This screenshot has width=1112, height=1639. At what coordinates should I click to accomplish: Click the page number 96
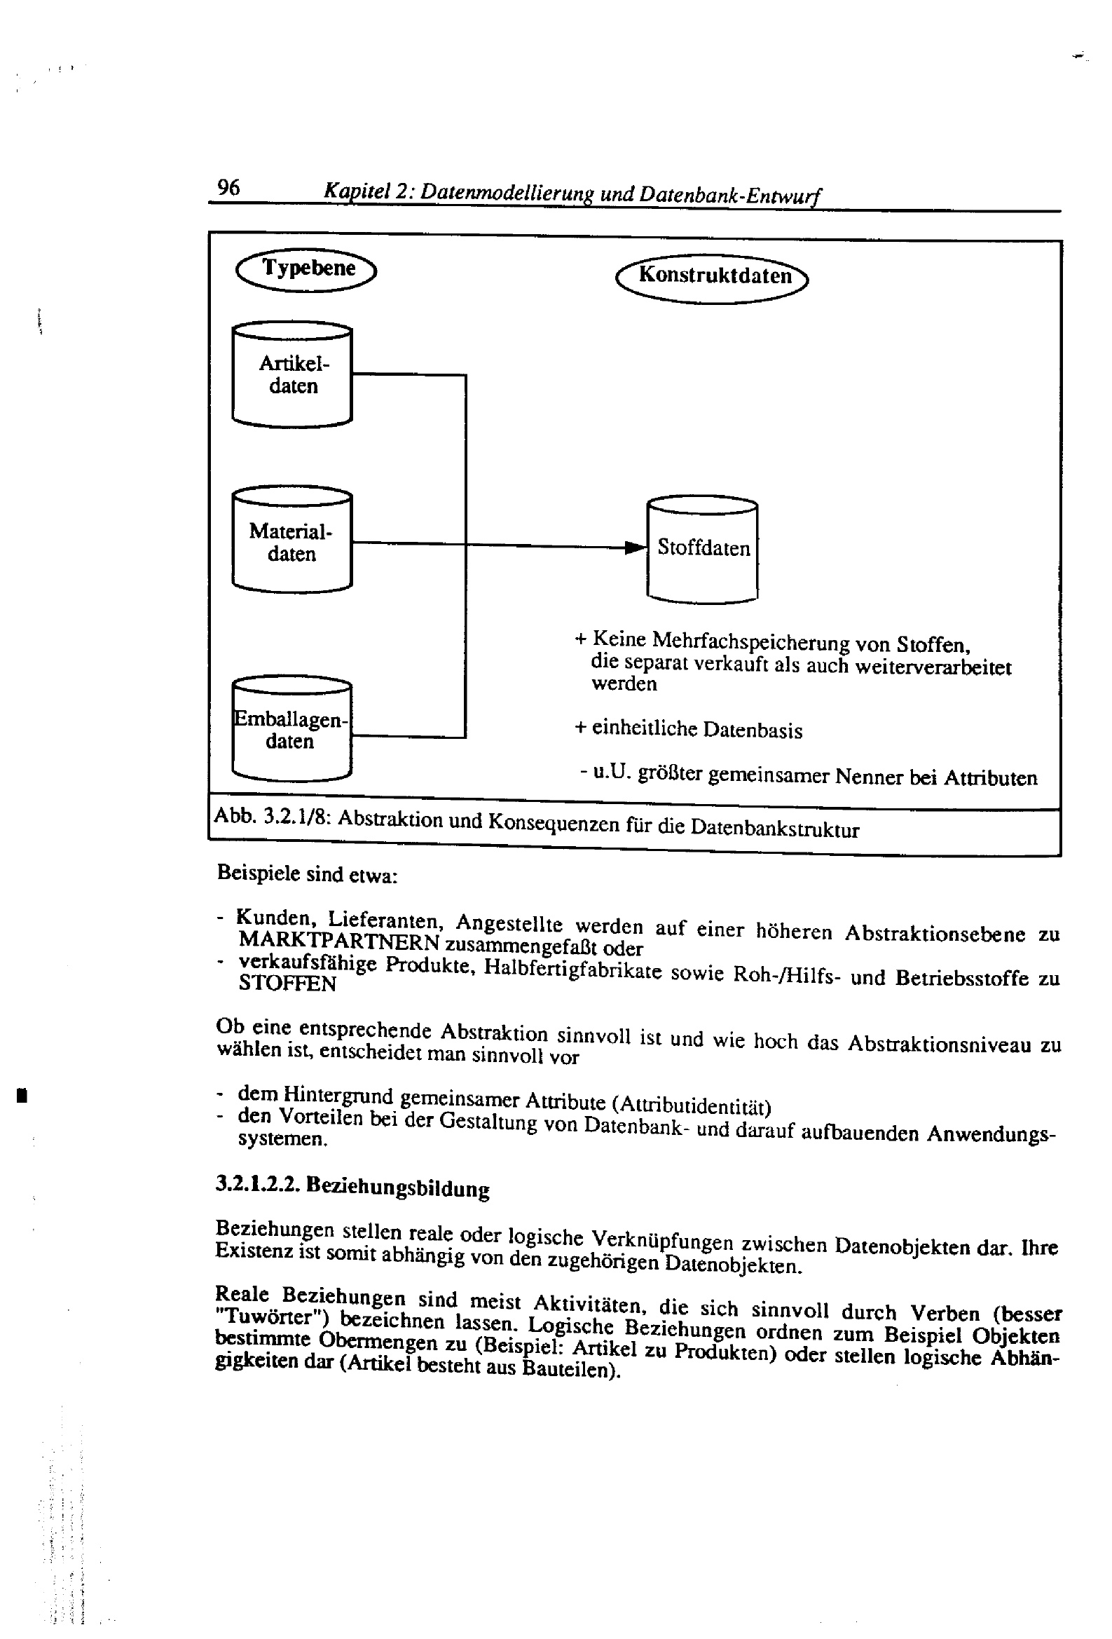pos(228,188)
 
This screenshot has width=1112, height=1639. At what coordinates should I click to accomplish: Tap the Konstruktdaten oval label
pos(712,277)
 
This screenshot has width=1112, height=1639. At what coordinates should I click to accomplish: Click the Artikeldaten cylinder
pos(292,374)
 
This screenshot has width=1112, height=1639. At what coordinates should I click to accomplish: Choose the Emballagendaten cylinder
pos(291,730)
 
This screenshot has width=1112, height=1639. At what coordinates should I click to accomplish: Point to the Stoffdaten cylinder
pos(702,550)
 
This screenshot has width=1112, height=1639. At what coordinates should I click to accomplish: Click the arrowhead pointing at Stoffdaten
pos(636,548)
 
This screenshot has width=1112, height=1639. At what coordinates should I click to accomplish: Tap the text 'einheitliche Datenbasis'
pos(696,728)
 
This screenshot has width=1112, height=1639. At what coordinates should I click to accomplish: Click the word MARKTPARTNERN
pos(338,941)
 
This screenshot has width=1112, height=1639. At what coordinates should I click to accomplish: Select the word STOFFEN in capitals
pos(287,983)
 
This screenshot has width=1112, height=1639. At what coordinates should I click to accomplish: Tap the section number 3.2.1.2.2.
pos(258,1183)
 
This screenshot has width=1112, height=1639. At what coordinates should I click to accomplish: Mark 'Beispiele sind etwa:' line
pos(307,874)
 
